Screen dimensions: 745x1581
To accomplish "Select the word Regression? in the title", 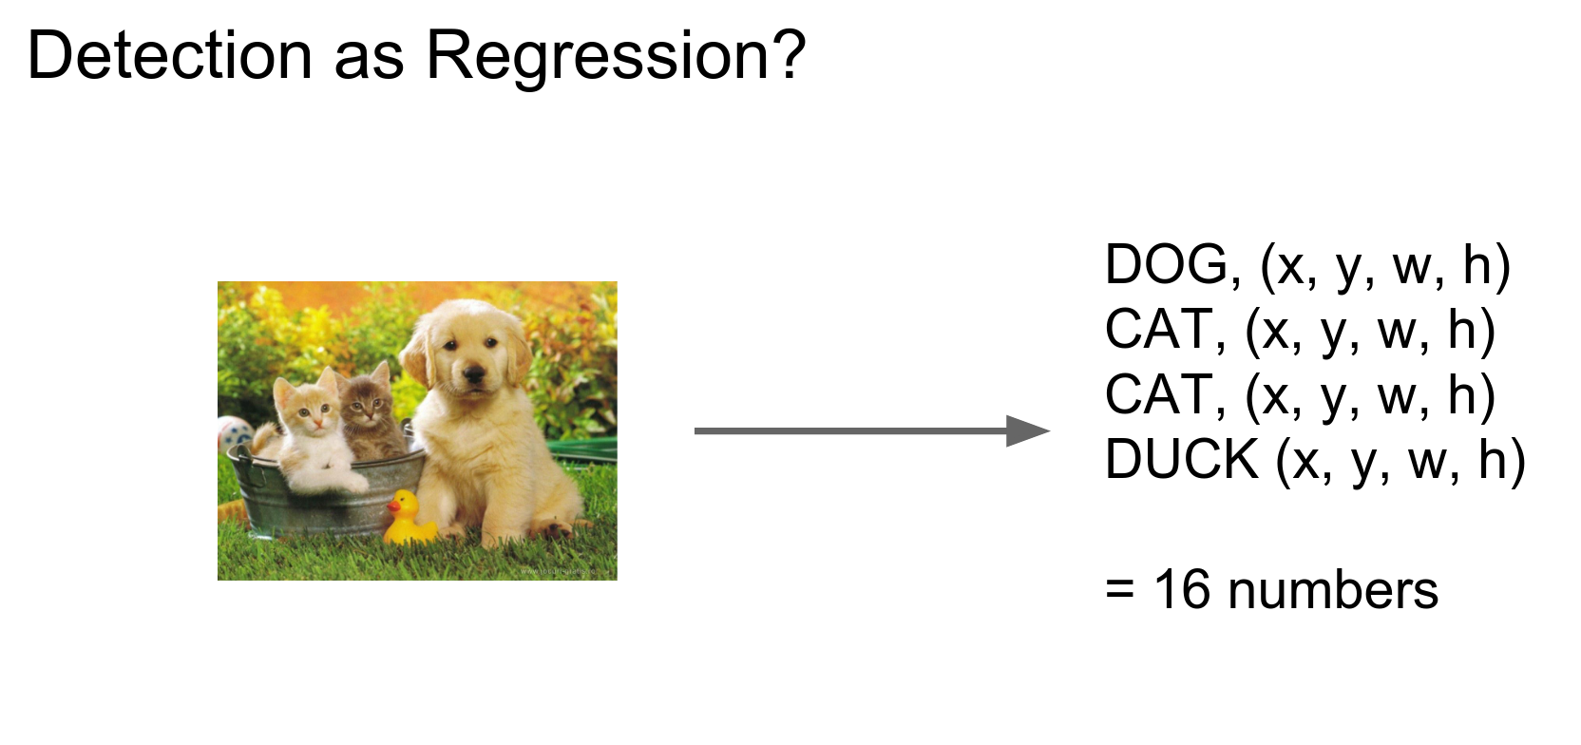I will [616, 57].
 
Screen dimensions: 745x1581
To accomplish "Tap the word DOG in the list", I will [1167, 265].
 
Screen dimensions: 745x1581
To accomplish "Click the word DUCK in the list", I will [1181, 460].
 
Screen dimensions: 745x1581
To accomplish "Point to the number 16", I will [1182, 590].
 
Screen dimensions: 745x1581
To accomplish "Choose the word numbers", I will [1332, 590].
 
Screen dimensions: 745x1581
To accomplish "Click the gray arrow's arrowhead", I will [1028, 431].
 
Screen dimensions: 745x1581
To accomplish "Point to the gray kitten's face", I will [365, 406].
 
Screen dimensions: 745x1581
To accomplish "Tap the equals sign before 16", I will [1120, 590].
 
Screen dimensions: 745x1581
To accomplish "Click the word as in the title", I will [369, 57].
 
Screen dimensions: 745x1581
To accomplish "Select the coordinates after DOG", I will [1384, 265].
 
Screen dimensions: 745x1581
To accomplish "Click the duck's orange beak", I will [393, 505].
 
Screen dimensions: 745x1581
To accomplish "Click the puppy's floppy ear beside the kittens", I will [416, 361].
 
